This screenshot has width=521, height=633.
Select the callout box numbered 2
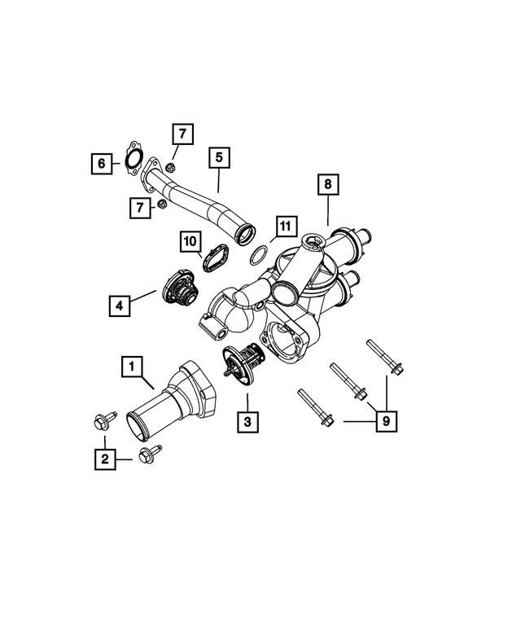coord(104,459)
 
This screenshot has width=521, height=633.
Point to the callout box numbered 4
coord(120,306)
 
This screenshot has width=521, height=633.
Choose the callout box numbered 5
coord(218,157)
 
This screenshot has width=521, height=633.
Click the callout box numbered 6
coord(101,165)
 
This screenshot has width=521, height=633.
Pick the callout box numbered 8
coord(326,186)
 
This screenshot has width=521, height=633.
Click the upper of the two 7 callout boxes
coord(182,133)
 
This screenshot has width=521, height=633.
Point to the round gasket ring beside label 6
coord(134,160)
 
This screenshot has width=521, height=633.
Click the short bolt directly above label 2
coord(103,421)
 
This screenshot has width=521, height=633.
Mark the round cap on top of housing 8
coord(310,241)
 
